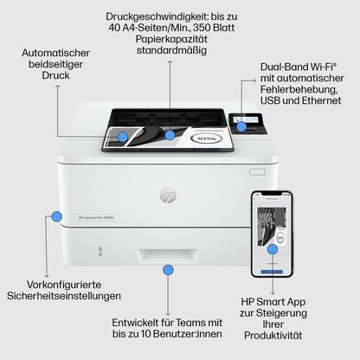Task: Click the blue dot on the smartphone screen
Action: (x=273, y=249)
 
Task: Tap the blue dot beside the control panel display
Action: (x=242, y=126)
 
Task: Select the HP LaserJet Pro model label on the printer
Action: (x=96, y=217)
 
